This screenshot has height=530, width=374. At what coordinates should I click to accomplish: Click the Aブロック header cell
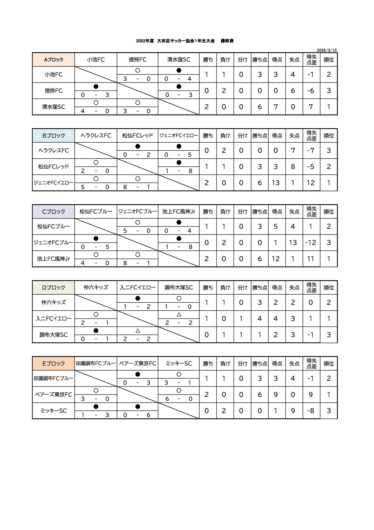tap(53, 60)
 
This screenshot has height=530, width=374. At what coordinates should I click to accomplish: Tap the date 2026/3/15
tap(327, 50)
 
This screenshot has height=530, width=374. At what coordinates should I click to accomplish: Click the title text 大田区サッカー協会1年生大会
tap(186, 41)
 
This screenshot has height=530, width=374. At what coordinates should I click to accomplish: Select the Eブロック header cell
tap(53, 364)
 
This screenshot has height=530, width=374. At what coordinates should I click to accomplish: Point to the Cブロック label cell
tap(53, 212)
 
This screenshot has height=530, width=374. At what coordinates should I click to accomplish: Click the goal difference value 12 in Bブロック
tap(311, 183)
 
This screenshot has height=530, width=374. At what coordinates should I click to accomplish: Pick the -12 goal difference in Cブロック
tap(311, 243)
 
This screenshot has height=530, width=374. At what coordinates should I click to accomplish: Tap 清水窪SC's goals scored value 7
tap(276, 107)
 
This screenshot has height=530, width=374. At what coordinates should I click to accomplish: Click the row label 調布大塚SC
tap(53, 335)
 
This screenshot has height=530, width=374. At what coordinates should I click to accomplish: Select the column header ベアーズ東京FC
tap(138, 364)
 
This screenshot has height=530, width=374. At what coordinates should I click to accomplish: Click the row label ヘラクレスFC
tap(53, 150)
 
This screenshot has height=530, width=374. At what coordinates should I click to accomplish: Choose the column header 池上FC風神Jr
tap(179, 212)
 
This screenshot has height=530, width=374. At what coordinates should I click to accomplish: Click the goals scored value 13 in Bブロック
tap(276, 183)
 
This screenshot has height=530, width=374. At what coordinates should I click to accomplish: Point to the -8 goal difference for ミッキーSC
tap(311, 411)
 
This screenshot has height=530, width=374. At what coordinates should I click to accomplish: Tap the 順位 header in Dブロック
tap(329, 288)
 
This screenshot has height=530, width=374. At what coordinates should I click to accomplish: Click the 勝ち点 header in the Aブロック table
tap(260, 60)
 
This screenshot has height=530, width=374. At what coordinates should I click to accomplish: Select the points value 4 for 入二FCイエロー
tap(260, 318)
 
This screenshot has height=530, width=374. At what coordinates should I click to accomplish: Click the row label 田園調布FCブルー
tap(53, 378)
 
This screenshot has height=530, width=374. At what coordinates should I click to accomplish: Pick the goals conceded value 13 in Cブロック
tap(293, 243)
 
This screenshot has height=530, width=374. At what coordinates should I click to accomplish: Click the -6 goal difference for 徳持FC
tap(311, 91)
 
